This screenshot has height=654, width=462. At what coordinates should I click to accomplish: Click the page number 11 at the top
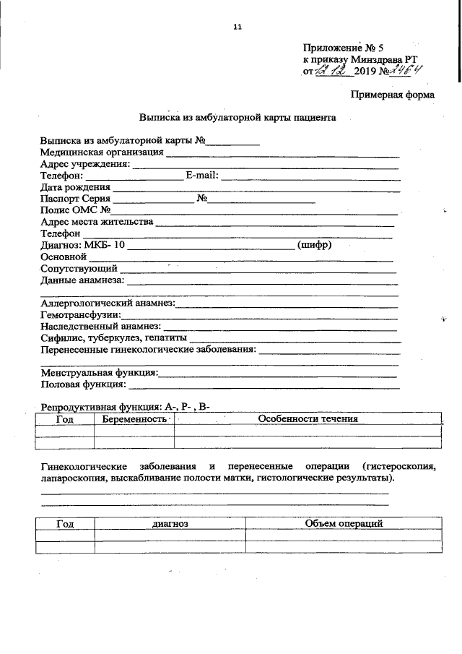pyautogui.click(x=237, y=27)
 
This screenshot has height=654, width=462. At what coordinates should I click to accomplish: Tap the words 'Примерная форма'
pyautogui.click(x=393, y=95)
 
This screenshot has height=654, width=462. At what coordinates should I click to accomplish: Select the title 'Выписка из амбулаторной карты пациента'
pyautogui.click(x=237, y=117)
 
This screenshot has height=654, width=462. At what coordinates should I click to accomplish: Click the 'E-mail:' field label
pyautogui.click(x=201, y=175)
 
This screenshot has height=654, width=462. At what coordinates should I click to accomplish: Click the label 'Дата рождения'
pyautogui.click(x=70, y=187)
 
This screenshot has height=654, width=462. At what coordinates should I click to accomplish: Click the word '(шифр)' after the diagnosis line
pyautogui.click(x=315, y=245)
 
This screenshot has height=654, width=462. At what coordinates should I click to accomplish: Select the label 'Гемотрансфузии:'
pyautogui.click(x=80, y=315)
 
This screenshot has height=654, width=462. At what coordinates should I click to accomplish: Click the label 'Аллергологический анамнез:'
pyautogui.click(x=107, y=303)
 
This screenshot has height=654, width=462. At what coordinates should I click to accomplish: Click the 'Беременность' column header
pyautogui.click(x=134, y=418)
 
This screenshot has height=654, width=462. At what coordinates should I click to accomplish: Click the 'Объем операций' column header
pyautogui.click(x=343, y=523)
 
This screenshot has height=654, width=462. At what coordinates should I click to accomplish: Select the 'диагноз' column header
pyautogui.click(x=170, y=523)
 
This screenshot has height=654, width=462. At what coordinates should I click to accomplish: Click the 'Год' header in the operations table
pyautogui.click(x=65, y=523)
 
